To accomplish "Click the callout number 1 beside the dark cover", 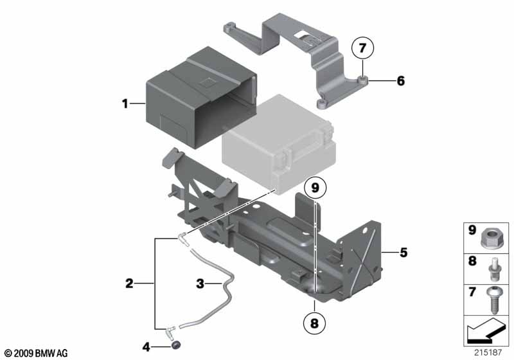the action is pos(125,104).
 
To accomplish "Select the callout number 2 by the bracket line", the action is pos(130,283).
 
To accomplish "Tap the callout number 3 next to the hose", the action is pos(200,283).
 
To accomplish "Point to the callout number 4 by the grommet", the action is pos(146,346).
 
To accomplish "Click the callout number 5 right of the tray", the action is pos(403,253).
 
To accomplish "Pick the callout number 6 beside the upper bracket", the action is pos(400,80).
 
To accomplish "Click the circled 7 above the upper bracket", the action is pos(362,48).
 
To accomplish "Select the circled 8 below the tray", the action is pos(314,323).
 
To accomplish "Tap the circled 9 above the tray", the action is pos(315,188).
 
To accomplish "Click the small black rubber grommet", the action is pos(176,345).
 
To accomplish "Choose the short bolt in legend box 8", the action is pos(493,269).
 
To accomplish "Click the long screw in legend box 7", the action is pos(493,300).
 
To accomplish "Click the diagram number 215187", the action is pos(488,352).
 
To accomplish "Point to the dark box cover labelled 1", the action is pos(201,97).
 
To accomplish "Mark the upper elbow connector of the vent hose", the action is pos(182,239).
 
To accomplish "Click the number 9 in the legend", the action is pos(472,230).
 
